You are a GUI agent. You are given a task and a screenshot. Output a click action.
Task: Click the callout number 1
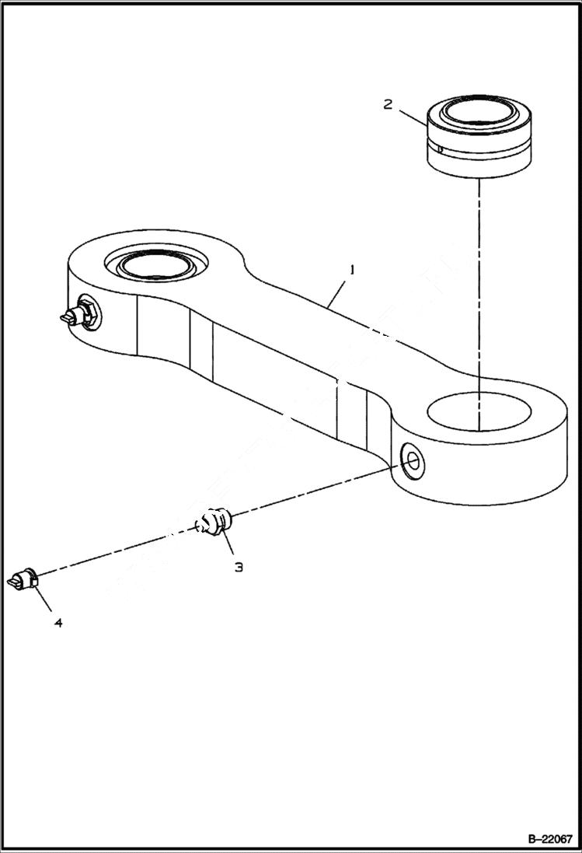352,271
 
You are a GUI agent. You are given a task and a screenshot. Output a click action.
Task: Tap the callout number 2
388,104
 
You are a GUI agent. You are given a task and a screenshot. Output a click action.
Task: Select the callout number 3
239,567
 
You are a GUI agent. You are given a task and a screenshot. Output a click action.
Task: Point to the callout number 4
58,622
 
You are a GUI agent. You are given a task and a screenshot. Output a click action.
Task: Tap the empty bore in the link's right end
479,411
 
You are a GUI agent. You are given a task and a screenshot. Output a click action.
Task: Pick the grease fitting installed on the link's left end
78,316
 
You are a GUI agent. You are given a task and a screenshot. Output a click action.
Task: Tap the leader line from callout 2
412,116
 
